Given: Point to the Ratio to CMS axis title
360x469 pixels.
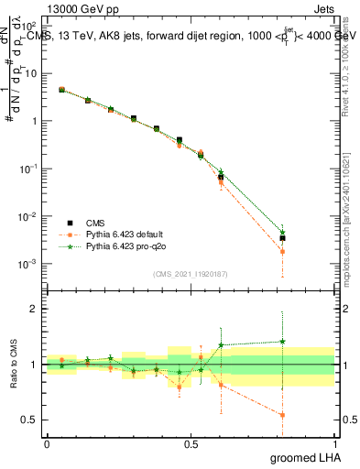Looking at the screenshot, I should (x=13, y=364).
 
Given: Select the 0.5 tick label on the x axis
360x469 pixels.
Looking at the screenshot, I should (x=191, y=442).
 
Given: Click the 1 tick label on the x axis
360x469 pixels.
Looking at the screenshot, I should (x=333, y=442).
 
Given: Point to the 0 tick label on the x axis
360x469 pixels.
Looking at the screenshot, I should (x=47, y=442).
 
